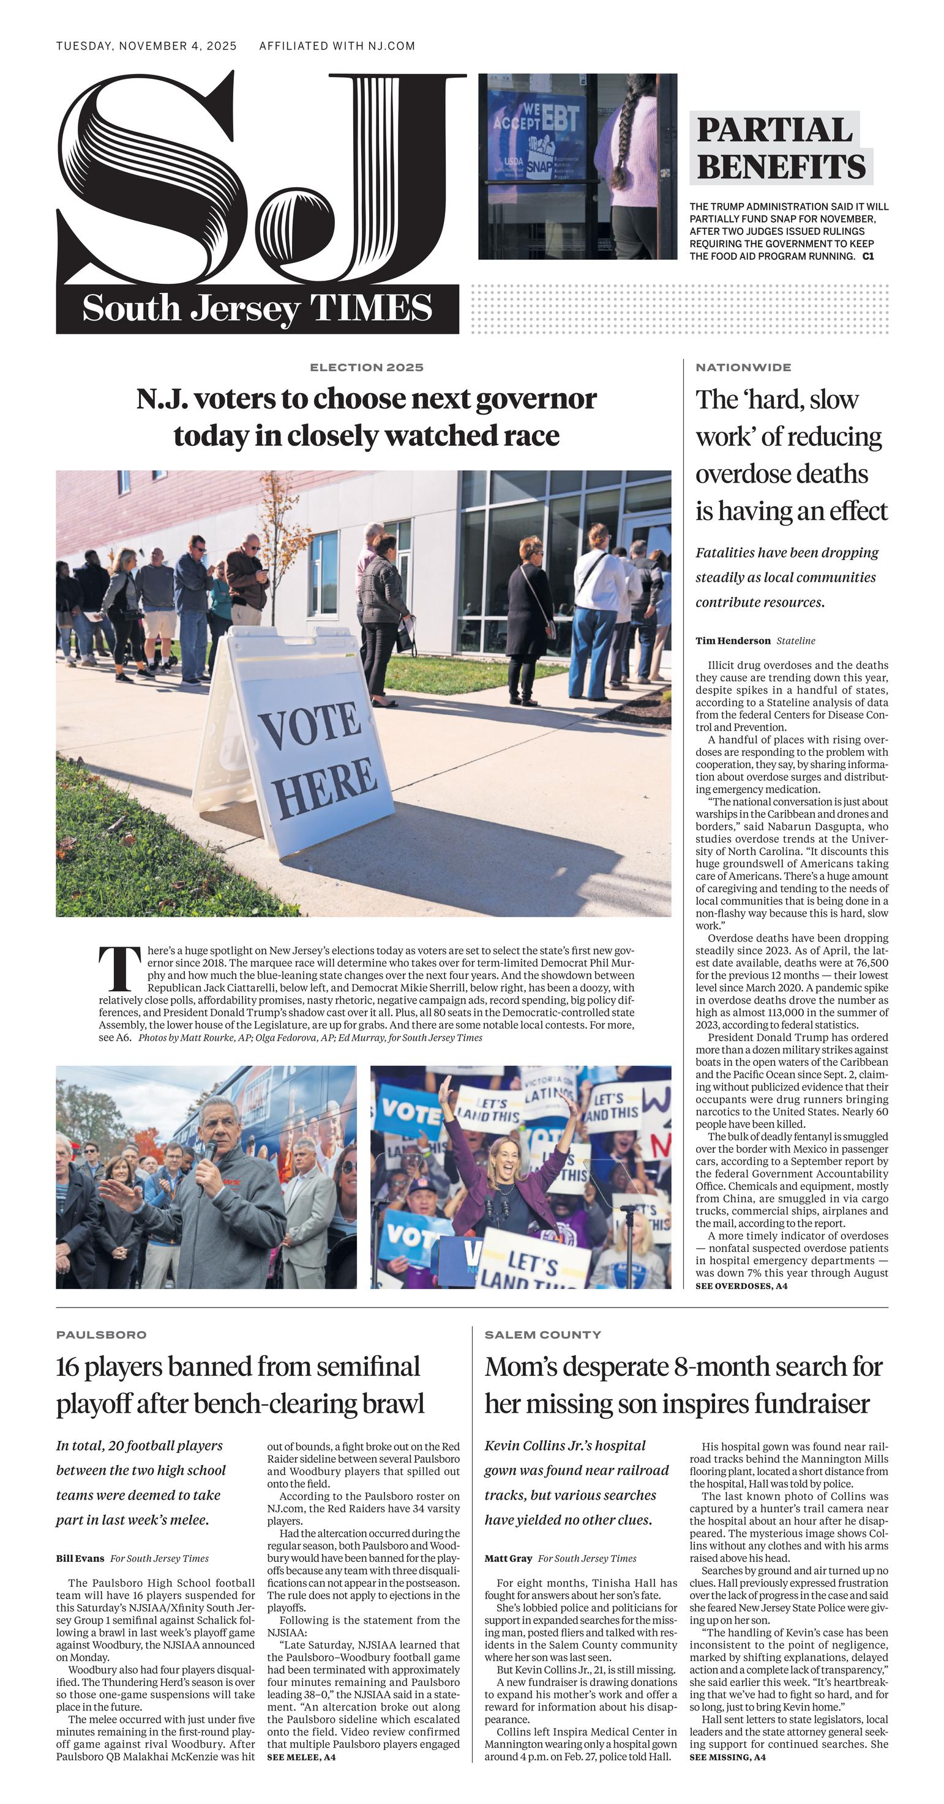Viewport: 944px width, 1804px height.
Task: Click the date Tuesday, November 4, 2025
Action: [x=146, y=46]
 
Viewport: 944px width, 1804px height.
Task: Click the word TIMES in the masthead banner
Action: [x=371, y=308]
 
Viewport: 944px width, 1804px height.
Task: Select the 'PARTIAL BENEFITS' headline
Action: [x=780, y=149]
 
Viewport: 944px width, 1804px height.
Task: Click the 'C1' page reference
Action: [x=867, y=256]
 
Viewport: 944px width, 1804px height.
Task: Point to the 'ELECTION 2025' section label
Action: [x=366, y=367]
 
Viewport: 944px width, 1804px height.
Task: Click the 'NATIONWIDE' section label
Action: [x=743, y=367]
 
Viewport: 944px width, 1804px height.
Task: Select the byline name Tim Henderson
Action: [x=732, y=641]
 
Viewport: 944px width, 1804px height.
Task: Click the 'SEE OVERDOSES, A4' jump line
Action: [x=741, y=1286]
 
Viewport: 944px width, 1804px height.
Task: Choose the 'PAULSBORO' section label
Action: [x=101, y=1335]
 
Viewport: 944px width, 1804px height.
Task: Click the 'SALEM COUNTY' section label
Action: [x=542, y=1335]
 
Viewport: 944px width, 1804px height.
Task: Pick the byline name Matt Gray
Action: [x=508, y=1558]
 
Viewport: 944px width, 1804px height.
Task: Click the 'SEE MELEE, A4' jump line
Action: [x=301, y=1757]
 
